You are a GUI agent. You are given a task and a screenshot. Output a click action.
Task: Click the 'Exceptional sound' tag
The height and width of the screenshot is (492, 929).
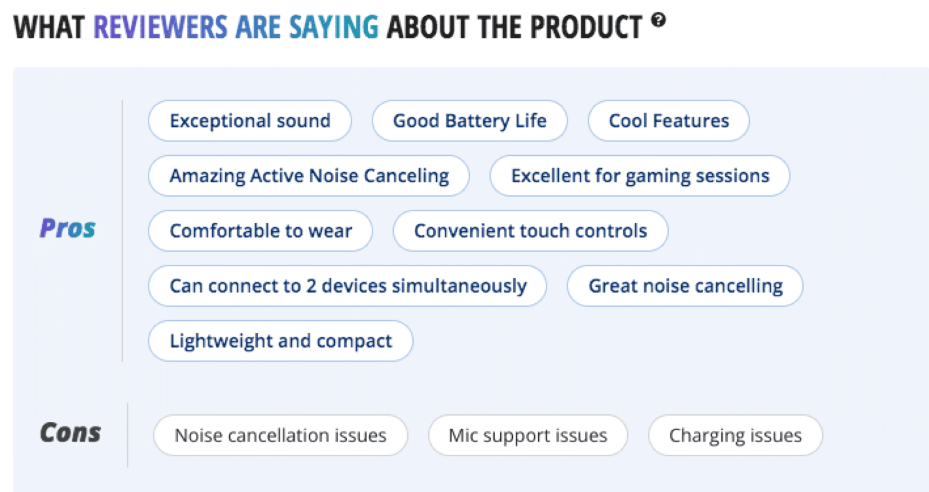pyautogui.click(x=250, y=121)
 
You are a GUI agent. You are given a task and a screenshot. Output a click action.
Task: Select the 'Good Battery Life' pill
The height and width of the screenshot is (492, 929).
pyautogui.click(x=469, y=121)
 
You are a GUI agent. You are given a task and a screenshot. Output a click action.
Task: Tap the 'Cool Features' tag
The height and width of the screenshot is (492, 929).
pyautogui.click(x=668, y=121)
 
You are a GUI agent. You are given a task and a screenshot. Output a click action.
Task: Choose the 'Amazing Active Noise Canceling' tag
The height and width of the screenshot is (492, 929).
pyautogui.click(x=309, y=176)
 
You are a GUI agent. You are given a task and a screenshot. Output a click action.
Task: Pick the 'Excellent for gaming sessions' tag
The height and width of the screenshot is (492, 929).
pyautogui.click(x=640, y=176)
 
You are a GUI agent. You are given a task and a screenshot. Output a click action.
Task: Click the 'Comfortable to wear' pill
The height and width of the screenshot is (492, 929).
pyautogui.click(x=261, y=231)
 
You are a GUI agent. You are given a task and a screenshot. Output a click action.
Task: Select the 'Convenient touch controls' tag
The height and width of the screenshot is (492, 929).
pyautogui.click(x=531, y=231)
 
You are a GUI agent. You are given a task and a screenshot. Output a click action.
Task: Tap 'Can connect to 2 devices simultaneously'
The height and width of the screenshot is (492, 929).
pyautogui.click(x=348, y=286)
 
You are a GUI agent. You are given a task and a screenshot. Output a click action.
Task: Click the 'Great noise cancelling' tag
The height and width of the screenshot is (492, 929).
pyautogui.click(x=685, y=286)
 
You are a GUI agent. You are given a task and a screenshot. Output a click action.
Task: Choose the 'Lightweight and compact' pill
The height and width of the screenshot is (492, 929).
pyautogui.click(x=281, y=341)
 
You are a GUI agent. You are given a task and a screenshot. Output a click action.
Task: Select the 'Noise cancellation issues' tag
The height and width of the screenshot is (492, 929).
pyautogui.click(x=281, y=435)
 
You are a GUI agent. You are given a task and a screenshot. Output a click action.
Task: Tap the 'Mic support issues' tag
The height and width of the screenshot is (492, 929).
pyautogui.click(x=528, y=435)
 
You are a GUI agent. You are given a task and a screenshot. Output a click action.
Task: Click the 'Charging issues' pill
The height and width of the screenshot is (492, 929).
pyautogui.click(x=735, y=435)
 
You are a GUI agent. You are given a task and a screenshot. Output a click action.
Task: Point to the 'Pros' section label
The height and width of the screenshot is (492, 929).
pyautogui.click(x=68, y=228)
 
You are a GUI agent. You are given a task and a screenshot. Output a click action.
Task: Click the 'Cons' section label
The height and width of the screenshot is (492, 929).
pyautogui.click(x=71, y=432)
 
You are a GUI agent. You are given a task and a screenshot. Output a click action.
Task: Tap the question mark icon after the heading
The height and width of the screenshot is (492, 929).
pyautogui.click(x=658, y=19)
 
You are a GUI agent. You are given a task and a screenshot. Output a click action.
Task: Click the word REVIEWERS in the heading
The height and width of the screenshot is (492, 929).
pyautogui.click(x=160, y=27)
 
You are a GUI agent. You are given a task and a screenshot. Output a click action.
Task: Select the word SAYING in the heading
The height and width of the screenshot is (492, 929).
pyautogui.click(x=334, y=27)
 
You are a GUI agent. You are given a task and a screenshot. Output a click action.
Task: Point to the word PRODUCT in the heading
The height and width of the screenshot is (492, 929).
pyautogui.click(x=586, y=27)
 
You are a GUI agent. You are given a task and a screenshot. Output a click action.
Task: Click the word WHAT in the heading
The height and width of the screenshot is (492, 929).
pyautogui.click(x=49, y=27)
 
